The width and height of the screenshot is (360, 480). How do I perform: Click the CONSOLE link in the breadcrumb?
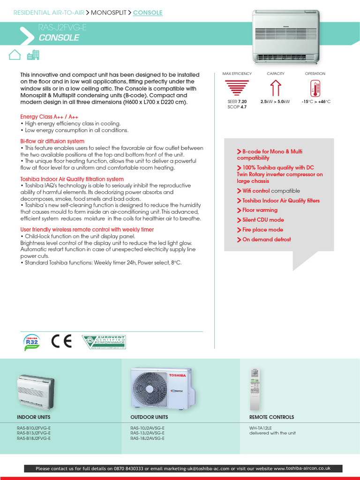tap(148, 13)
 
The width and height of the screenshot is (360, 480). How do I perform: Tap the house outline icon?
tap(15, 55)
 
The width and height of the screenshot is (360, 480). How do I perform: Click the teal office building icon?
tap(33, 55)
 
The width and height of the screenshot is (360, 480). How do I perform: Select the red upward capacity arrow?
tap(276, 89)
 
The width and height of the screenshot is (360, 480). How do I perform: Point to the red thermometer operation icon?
tap(315, 89)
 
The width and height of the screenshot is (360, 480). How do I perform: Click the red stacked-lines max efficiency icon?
tap(237, 89)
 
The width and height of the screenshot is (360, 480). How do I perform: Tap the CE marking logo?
tap(61, 342)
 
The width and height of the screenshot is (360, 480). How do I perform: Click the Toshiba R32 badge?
tap(31, 342)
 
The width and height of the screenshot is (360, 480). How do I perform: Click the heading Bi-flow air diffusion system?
tap(52, 141)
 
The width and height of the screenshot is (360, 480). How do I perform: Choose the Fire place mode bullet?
tap(262, 230)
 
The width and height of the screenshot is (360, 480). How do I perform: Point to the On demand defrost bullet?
tap(266, 240)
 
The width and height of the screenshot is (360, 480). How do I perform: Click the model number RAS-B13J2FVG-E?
tap(34, 433)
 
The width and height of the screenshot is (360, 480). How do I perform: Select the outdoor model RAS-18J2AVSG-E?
tap(147, 438)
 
